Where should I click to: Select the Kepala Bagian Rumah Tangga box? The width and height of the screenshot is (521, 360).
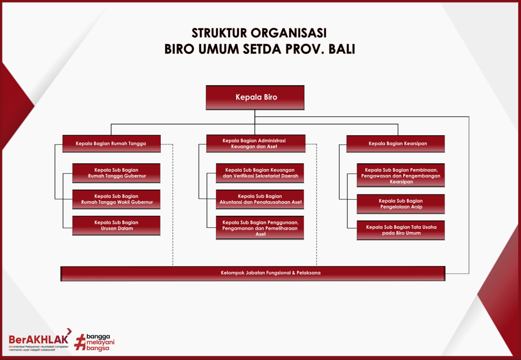tap(111, 143)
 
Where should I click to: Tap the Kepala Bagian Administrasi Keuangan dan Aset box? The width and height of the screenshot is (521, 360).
tap(255, 143)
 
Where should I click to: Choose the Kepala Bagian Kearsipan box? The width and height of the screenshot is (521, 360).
tap(396, 143)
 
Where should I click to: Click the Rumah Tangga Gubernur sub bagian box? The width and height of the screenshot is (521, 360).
tap(116, 173)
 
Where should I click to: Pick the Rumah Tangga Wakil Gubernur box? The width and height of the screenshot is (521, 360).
tap(116, 199)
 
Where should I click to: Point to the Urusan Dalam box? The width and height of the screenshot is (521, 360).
tap(116, 225)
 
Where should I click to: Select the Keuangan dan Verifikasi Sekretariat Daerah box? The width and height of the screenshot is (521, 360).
tap(259, 173)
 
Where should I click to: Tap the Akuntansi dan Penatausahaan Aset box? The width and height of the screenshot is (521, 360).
tap(259, 199)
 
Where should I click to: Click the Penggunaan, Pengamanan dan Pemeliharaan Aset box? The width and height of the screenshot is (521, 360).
tap(259, 228)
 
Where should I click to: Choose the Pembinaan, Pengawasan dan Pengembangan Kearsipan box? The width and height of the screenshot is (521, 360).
tap(400, 175)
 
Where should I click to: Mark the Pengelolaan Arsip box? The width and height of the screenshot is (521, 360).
tap(400, 204)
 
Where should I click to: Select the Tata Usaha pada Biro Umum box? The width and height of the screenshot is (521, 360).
tap(400, 230)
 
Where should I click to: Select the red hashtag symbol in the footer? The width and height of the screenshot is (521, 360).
tap(79, 342)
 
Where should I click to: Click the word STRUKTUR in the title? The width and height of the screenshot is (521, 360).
tap(219, 33)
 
